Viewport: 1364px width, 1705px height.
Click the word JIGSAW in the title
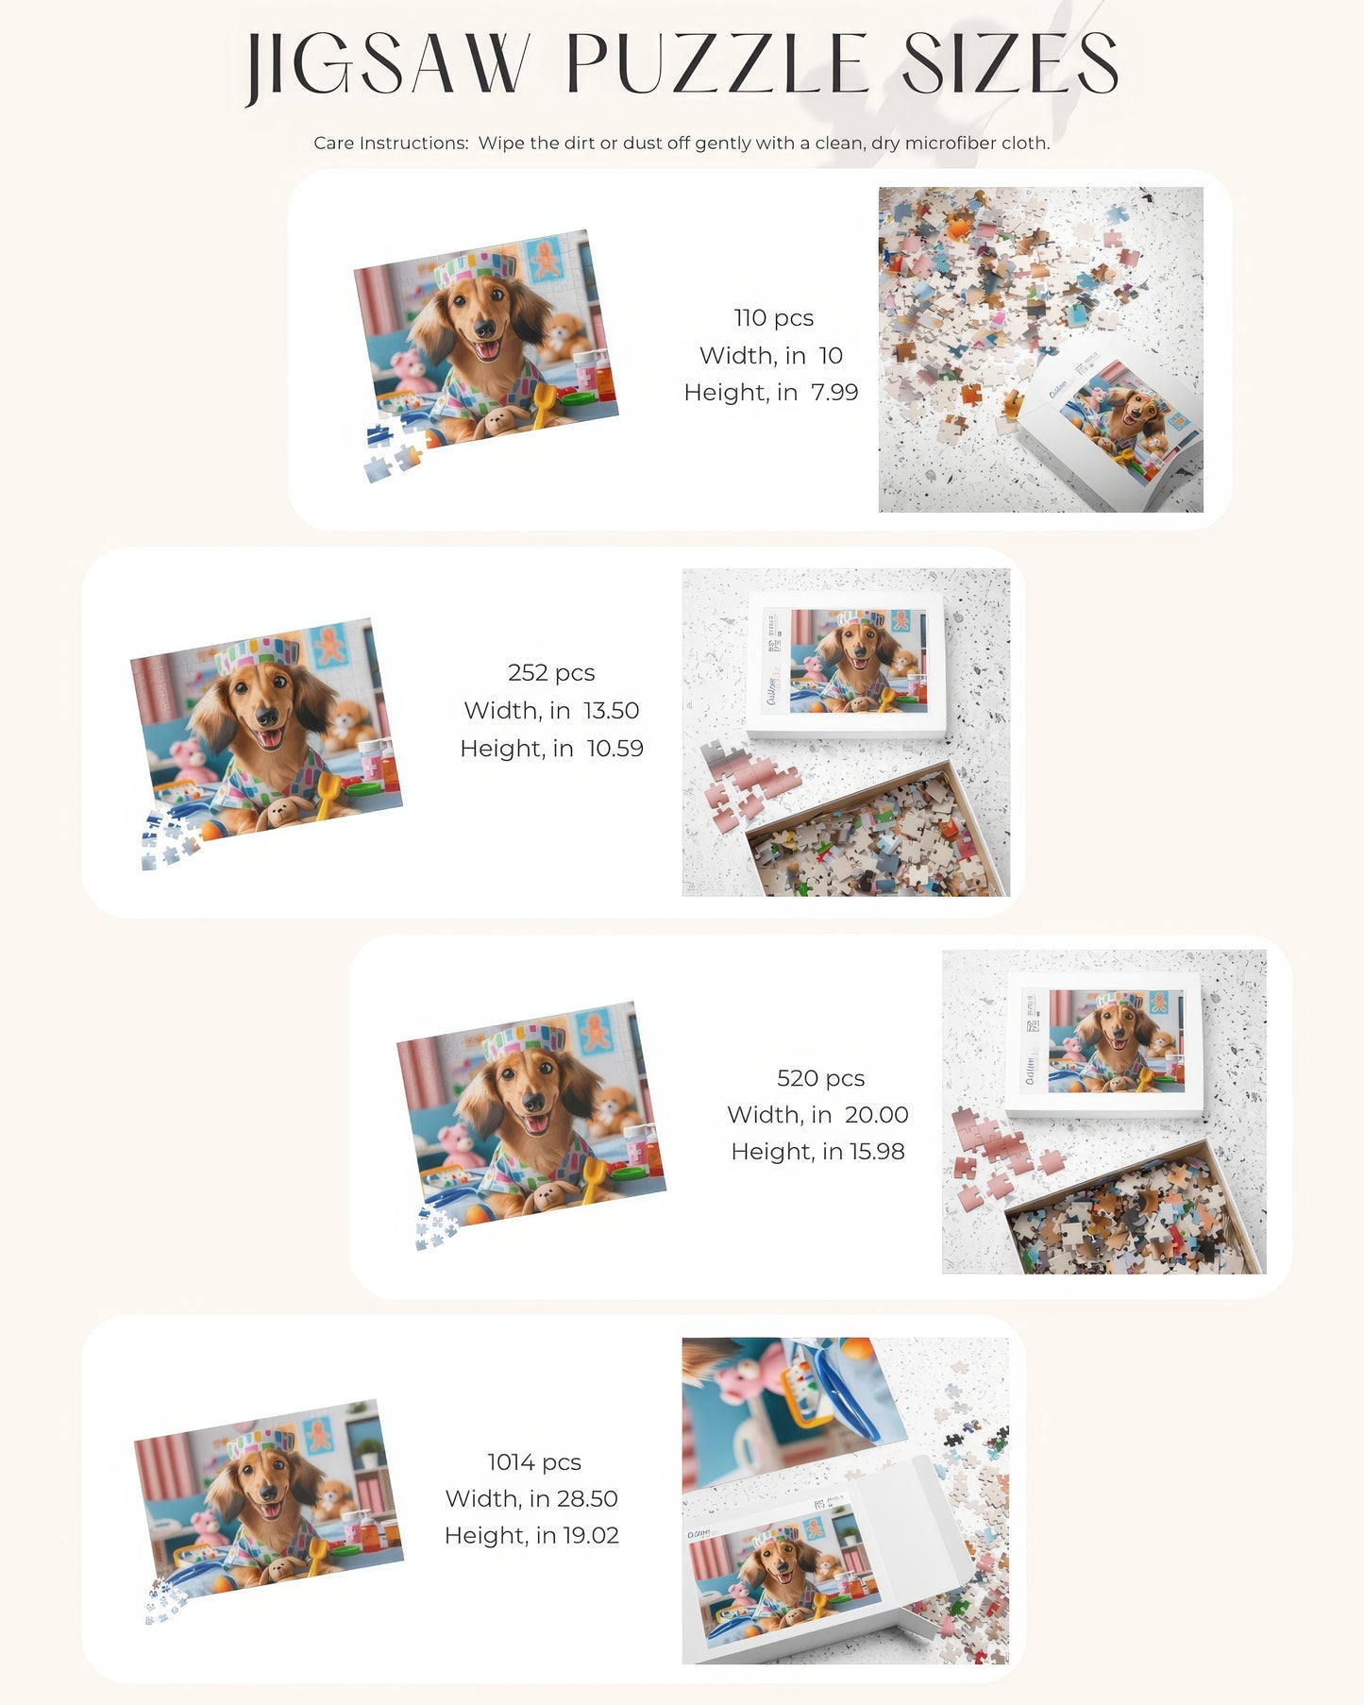coord(387,66)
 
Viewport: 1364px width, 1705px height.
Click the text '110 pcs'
coord(773,318)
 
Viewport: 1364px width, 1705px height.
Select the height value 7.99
coord(834,393)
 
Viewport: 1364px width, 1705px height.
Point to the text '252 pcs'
coord(551,673)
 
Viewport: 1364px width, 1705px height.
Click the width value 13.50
coord(611,711)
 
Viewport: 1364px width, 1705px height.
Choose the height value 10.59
coord(615,749)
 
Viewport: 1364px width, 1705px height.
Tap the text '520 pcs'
coord(820,1078)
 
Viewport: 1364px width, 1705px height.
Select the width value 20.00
coord(876,1115)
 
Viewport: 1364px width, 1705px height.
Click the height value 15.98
coord(877,1152)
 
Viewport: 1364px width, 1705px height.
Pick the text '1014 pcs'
coord(533,1462)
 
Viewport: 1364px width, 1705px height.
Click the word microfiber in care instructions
coord(948,143)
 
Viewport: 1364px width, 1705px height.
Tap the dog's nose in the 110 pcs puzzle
coord(483,328)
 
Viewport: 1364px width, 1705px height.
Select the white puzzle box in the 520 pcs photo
coord(1103,1043)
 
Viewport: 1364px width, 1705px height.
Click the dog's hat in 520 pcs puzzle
coord(524,1038)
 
